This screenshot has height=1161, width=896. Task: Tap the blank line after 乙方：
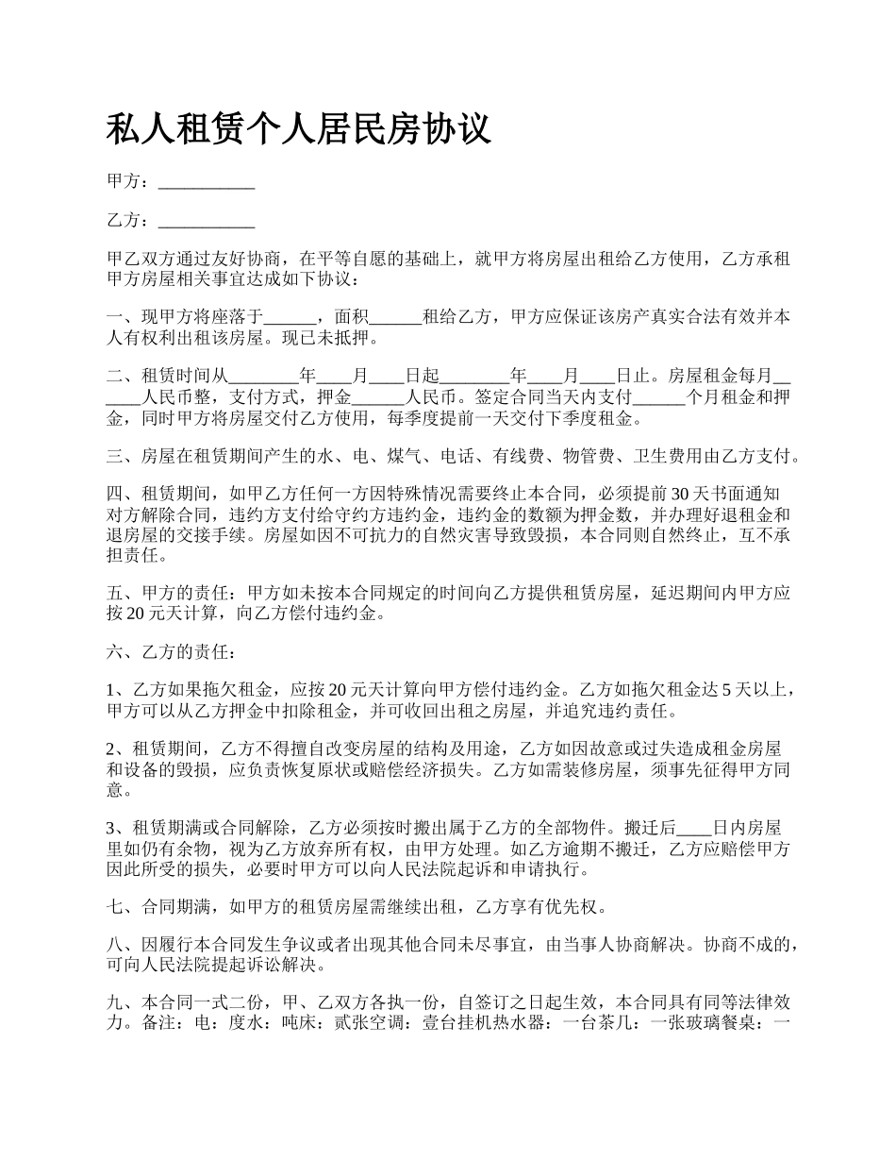click(207, 222)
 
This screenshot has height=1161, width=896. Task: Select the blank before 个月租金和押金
click(658, 397)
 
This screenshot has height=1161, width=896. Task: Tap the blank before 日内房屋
click(695, 828)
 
